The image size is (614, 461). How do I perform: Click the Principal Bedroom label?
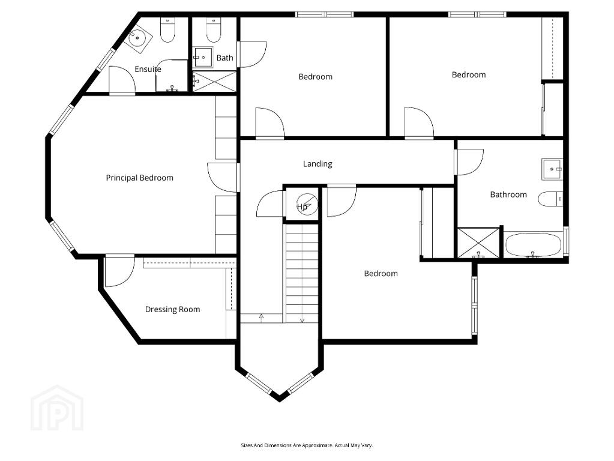[139, 178]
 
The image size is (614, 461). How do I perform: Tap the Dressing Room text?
[172, 309]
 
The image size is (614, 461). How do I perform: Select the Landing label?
[318, 164]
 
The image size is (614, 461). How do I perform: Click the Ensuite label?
[148, 69]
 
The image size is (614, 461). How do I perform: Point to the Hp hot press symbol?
[306, 205]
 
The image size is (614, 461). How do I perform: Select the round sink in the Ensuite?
[137, 38]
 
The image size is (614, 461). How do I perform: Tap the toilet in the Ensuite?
[167, 30]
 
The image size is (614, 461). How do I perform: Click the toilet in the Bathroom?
[551, 199]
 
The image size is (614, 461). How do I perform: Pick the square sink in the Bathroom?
[553, 169]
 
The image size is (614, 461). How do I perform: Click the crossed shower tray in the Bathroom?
[478, 243]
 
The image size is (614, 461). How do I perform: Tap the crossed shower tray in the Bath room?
[214, 82]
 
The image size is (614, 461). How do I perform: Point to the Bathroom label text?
[508, 194]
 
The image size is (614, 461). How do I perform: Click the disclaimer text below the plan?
[307, 445]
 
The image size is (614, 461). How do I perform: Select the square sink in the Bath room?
[203, 57]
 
